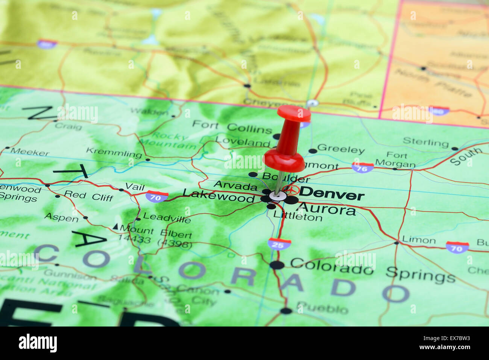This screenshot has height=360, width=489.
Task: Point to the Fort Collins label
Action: [x=232, y=127]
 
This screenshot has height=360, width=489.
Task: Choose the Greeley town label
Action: [x=341, y=149]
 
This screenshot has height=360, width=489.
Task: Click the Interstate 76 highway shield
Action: [x=363, y=167]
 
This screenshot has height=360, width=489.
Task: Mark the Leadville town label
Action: [x=167, y=218]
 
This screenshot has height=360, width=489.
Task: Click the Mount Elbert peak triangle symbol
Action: [x=115, y=227]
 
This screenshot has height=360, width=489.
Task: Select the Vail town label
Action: [x=135, y=186]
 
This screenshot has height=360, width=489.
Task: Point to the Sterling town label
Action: [x=425, y=142]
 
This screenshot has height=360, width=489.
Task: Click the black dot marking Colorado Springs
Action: [x=277, y=265]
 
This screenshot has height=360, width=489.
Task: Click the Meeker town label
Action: [x=30, y=152]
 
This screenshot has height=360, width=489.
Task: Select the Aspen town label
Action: [x=61, y=218]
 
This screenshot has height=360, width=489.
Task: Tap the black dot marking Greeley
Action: [x=313, y=151]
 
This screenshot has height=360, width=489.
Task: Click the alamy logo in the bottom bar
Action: [x=38, y=343]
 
